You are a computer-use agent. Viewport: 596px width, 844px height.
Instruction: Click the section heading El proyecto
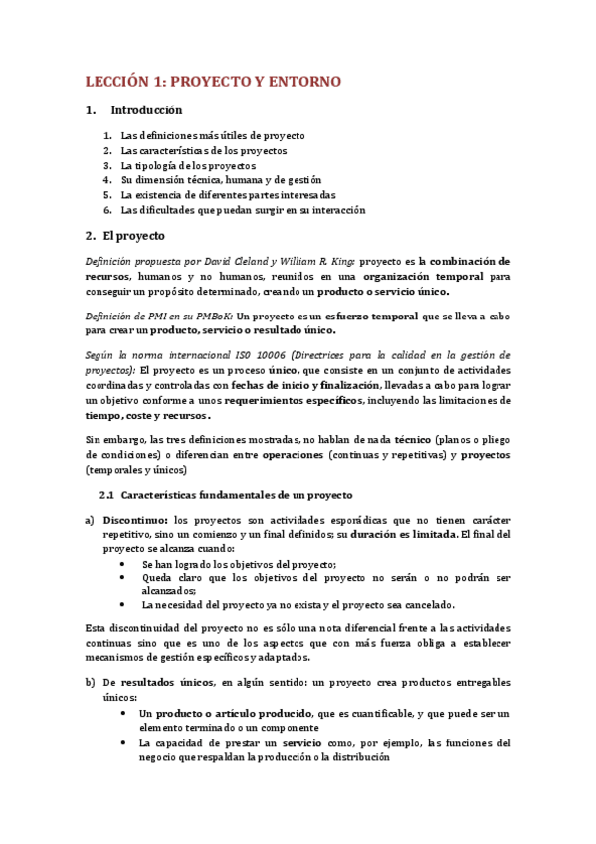click(x=126, y=236)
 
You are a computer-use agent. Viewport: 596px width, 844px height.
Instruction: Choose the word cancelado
click(x=428, y=604)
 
